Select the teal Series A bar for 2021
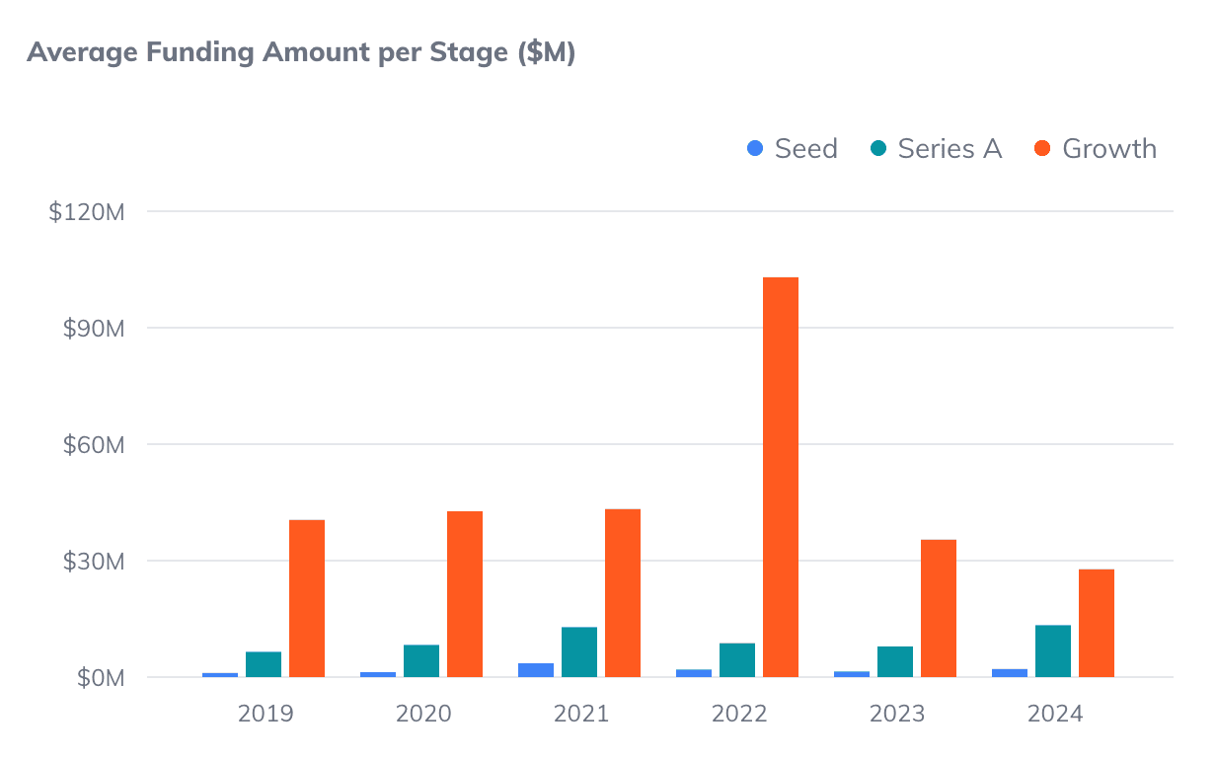pyautogui.click(x=579, y=652)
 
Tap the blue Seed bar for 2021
pyautogui.click(x=536, y=670)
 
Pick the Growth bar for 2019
pyautogui.click(x=307, y=598)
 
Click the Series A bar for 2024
pyautogui.click(x=1053, y=651)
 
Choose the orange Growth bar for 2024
pyautogui.click(x=1097, y=623)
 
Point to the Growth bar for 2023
pyautogui.click(x=939, y=608)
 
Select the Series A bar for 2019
pyautogui.click(x=264, y=664)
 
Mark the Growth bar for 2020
pyautogui.click(x=465, y=594)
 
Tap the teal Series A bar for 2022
pyautogui.click(x=737, y=660)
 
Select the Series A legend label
pyautogui.click(x=950, y=149)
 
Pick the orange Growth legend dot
pyautogui.click(x=1042, y=149)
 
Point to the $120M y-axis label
pyautogui.click(x=86, y=211)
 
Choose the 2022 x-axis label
pyautogui.click(x=739, y=714)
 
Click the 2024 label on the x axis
pyautogui.click(x=1055, y=714)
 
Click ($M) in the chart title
pyautogui.click(x=546, y=53)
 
